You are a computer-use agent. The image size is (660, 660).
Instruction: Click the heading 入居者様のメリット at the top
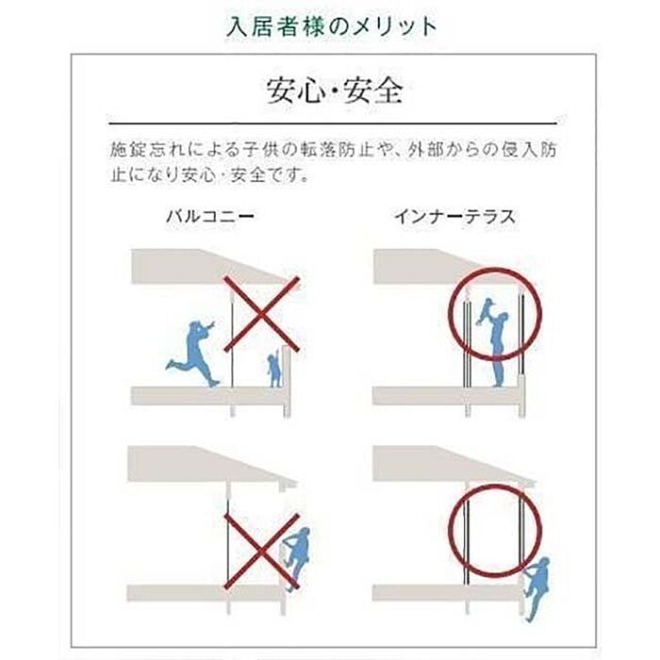coord(331,26)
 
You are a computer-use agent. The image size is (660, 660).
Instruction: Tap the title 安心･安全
coord(335,91)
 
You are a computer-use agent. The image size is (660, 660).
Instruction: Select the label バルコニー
coord(209,216)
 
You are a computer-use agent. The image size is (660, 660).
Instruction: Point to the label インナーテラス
coord(454,217)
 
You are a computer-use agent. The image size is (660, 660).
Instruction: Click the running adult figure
coord(193,353)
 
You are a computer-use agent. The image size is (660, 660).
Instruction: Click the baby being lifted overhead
coord(487,311)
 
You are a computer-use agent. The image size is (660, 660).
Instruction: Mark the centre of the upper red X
coord(261,314)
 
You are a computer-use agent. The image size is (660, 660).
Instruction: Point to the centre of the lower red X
coord(261,551)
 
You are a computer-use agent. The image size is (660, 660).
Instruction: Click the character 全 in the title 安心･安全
coord(388,91)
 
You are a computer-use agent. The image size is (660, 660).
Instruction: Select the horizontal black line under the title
coord(333,124)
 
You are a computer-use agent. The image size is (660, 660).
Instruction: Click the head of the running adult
coord(194,327)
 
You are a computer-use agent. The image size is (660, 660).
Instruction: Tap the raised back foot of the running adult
coord(171,365)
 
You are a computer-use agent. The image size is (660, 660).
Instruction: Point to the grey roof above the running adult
coord(210,267)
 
